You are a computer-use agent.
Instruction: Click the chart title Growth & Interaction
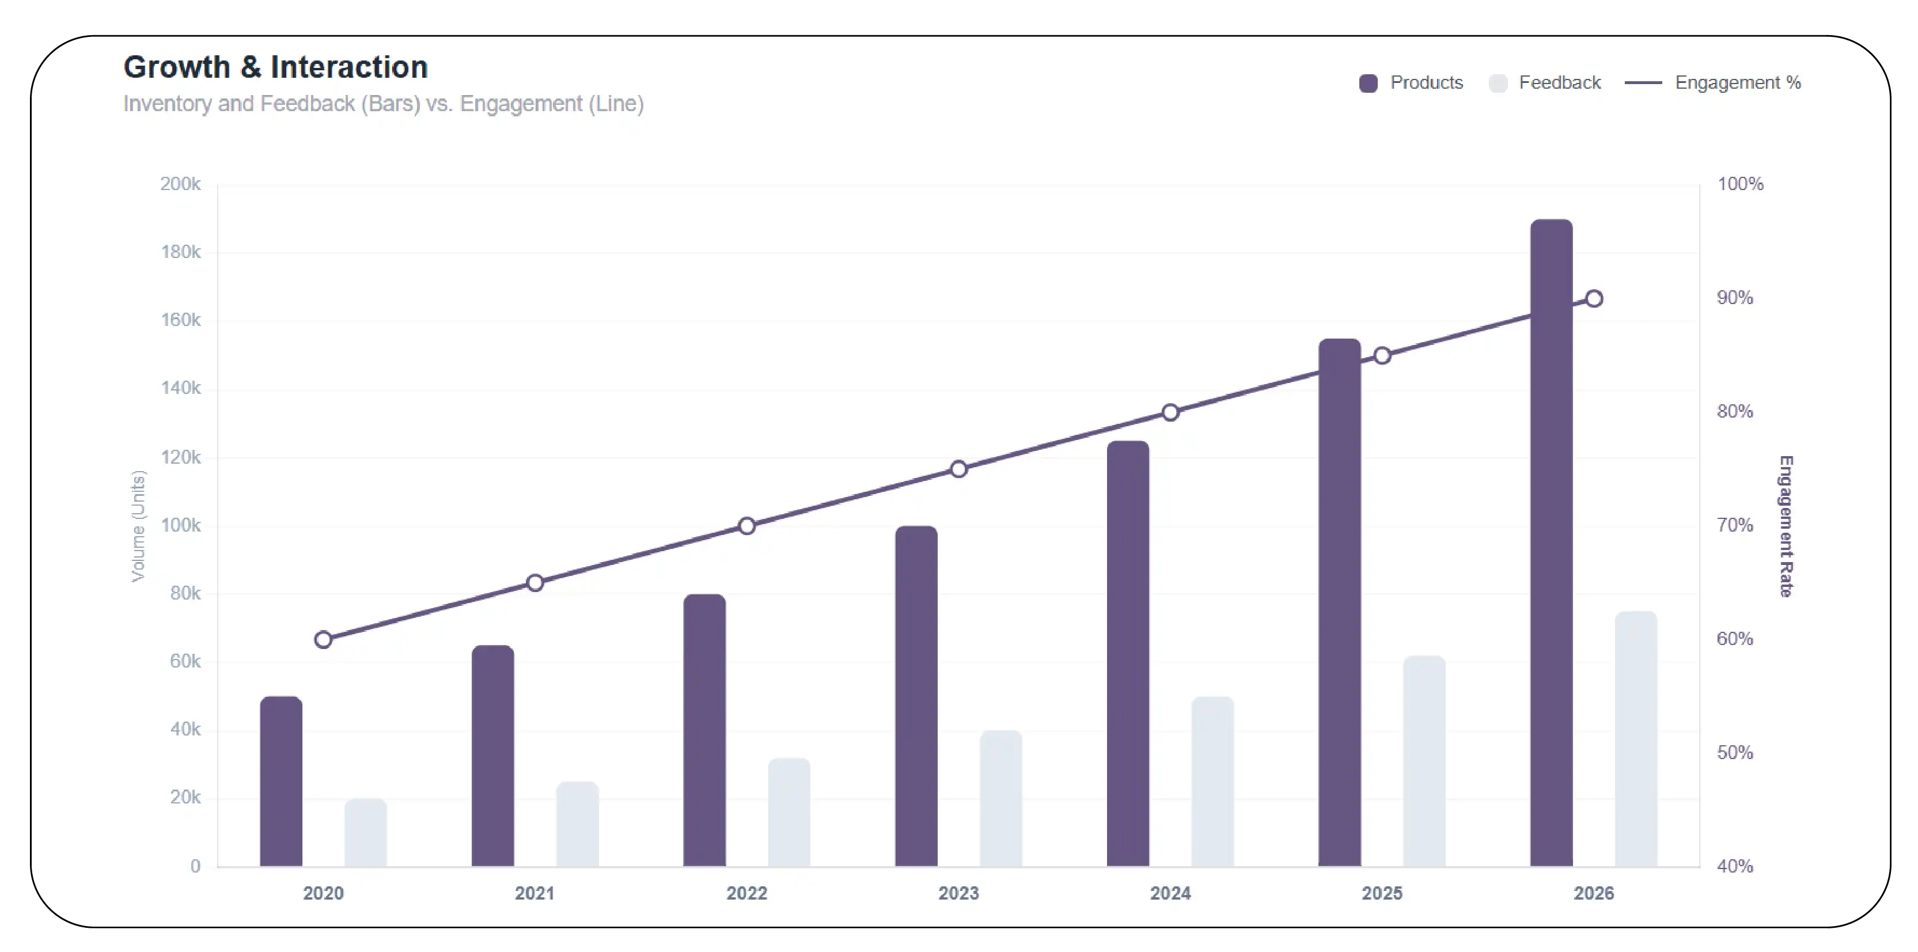click(x=275, y=67)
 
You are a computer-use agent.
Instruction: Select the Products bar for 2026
click(x=1551, y=543)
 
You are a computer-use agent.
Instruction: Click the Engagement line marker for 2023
click(x=958, y=469)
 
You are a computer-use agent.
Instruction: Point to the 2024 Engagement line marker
click(x=1170, y=412)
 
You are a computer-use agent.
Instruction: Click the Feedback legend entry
click(x=1544, y=82)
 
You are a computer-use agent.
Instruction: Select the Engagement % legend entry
click(x=1712, y=82)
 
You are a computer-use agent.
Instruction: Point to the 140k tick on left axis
click(x=180, y=388)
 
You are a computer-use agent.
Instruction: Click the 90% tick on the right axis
click(x=1735, y=298)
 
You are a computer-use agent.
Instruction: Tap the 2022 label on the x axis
click(x=746, y=893)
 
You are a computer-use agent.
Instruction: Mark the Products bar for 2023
click(x=916, y=696)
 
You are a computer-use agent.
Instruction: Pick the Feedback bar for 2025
click(x=1424, y=761)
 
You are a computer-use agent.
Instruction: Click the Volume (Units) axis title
click(x=138, y=525)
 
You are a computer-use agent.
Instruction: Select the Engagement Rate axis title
click(x=1786, y=525)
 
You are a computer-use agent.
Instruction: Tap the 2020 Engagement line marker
click(x=323, y=639)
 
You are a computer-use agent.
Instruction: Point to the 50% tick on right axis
click(x=1735, y=753)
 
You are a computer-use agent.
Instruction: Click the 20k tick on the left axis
click(x=185, y=797)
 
